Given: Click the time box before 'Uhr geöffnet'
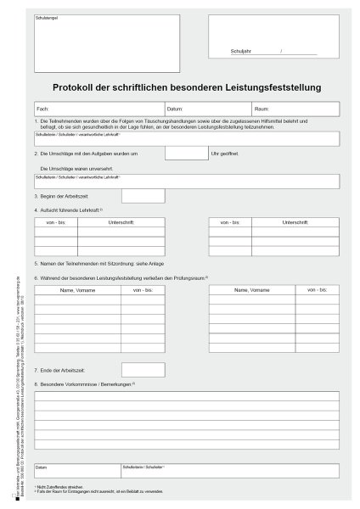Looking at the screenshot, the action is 185,154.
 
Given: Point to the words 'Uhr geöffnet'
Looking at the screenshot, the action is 224,154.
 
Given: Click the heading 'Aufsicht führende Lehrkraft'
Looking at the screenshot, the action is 68,210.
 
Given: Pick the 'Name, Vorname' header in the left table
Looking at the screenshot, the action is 77,291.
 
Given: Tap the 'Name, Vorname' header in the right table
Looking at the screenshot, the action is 251,291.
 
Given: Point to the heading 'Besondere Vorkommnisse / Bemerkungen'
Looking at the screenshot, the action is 85,384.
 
